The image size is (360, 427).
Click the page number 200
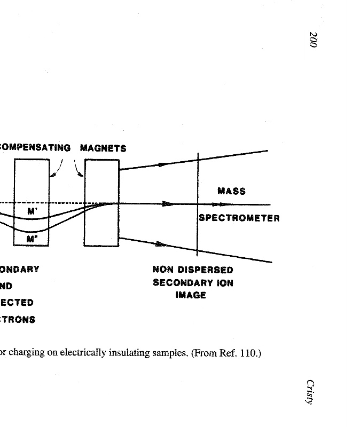pos(313,40)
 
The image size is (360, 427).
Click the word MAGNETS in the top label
pos(103,148)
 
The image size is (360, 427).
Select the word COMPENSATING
pos(35,148)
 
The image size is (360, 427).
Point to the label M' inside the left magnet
pos(32,212)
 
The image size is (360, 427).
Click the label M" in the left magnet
pos(32,240)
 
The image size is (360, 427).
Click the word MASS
pos(231,191)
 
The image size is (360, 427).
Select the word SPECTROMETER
pos(239,218)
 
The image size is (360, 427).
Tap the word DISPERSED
pos(207,270)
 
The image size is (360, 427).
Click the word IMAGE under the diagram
pos(191,295)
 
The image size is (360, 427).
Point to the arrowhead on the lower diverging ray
pos(160,244)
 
